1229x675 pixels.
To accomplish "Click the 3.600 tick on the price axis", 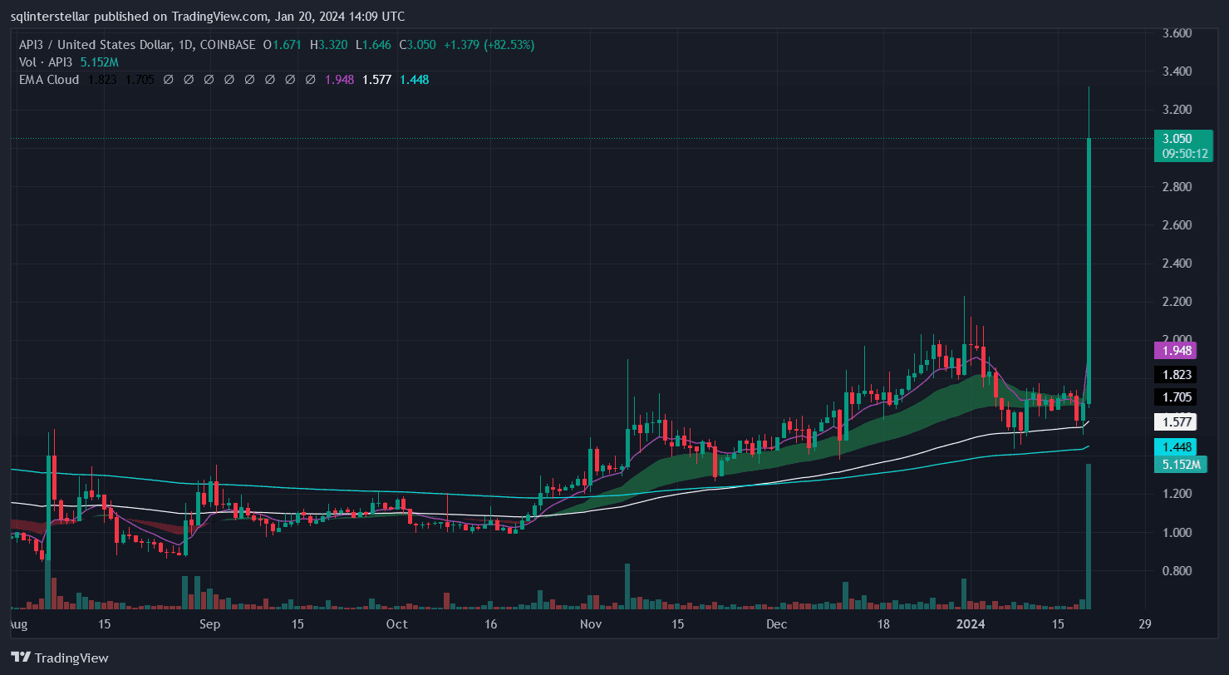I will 1177,33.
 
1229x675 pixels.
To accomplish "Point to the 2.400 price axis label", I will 1177,264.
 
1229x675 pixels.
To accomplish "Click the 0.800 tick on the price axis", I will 1177,571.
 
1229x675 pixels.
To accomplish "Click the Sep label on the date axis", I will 210,624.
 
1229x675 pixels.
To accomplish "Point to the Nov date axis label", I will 590,624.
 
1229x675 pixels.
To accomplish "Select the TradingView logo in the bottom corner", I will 59,658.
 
